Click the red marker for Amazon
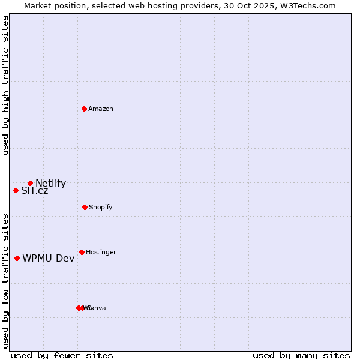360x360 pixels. click(x=85, y=109)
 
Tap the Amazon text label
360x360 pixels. click(x=101, y=109)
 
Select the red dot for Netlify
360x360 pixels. click(x=30, y=183)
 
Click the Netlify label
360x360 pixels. click(x=50, y=184)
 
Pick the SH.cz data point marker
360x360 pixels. click(x=16, y=190)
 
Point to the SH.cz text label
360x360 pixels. click(x=34, y=191)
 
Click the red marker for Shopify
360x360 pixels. click(x=85, y=207)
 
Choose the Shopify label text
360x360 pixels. click(x=101, y=208)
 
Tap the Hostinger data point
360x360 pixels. click(x=82, y=252)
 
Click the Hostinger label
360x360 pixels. click(x=101, y=253)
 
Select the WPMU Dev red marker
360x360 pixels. click(x=17, y=258)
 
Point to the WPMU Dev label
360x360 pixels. click(x=49, y=259)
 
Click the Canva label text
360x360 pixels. click(x=97, y=308)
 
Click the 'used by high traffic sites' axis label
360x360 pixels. click(x=6, y=85)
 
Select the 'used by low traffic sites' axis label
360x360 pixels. click(x=6, y=280)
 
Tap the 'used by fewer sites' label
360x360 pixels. click(x=62, y=355)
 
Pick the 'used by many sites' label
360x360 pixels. click(x=301, y=355)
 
